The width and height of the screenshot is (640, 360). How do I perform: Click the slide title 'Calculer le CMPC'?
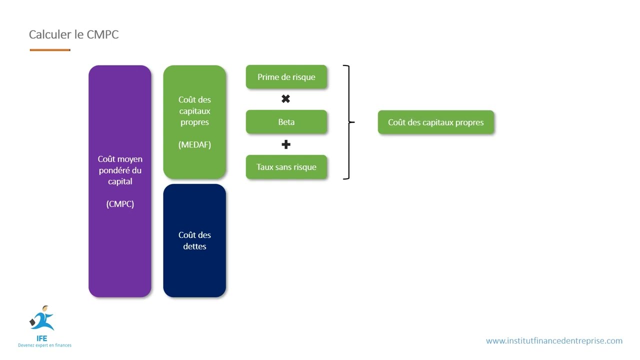click(x=73, y=34)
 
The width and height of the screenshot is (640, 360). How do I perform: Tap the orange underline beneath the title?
click(x=50, y=50)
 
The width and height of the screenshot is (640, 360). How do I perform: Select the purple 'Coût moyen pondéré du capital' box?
click(x=120, y=181)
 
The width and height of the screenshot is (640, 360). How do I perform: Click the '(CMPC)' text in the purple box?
click(x=120, y=204)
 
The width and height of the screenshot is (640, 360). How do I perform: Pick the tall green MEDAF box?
click(x=194, y=122)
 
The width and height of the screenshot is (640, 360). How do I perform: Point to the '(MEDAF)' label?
click(x=194, y=144)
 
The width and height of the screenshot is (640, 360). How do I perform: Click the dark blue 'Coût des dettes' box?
click(x=194, y=240)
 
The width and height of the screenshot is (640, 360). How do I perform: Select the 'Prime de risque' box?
click(x=286, y=77)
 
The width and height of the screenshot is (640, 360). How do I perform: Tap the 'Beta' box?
click(x=286, y=122)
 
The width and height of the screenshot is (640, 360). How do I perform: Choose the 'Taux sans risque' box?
click(x=286, y=167)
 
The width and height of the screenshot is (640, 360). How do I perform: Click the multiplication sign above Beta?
click(x=285, y=99)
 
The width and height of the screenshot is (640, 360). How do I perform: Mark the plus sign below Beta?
click(x=286, y=144)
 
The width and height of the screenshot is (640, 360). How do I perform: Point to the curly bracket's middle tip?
click(x=354, y=122)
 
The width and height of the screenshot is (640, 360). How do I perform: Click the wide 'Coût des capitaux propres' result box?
click(x=436, y=122)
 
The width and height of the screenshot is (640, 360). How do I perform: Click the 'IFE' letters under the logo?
click(x=41, y=338)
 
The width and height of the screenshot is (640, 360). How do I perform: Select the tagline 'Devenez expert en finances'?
click(x=44, y=345)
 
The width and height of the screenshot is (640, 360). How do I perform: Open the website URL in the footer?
click(x=554, y=341)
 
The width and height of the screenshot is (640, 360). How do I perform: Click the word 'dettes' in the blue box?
click(x=194, y=246)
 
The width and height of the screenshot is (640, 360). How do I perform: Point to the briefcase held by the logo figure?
click(x=32, y=322)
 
